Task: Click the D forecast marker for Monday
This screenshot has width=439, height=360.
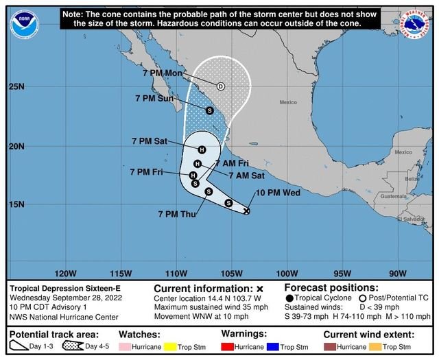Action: pyautogui.click(x=221, y=86)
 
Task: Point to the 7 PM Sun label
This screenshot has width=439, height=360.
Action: pyautogui.click(x=156, y=99)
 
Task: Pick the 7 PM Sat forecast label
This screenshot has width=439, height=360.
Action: pyautogui.click(x=150, y=141)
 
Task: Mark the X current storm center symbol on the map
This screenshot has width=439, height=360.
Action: pyautogui.click(x=246, y=211)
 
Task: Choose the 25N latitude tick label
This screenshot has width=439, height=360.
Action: pyautogui.click(x=17, y=87)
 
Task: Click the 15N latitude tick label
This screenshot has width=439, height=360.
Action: pyautogui.click(x=17, y=204)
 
